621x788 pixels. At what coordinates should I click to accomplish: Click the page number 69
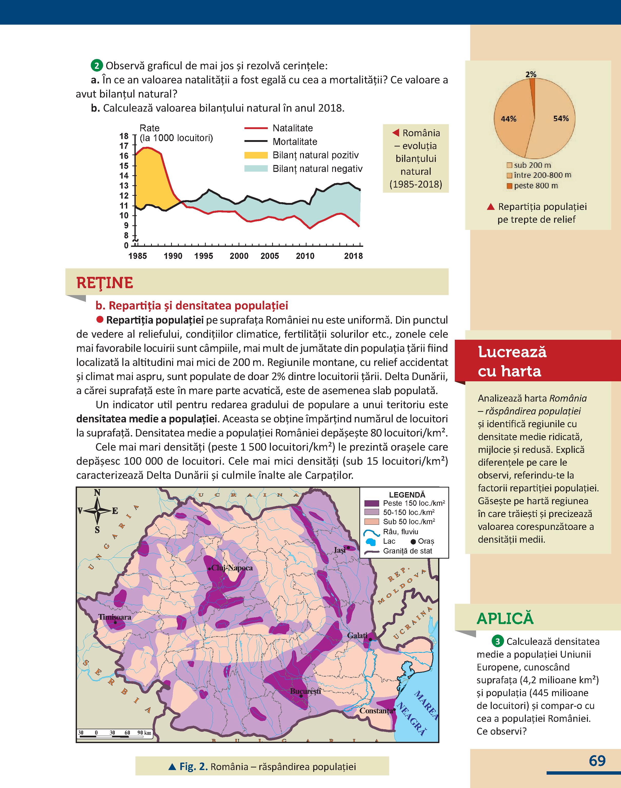click(597, 761)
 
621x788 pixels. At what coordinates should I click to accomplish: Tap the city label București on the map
click(305, 691)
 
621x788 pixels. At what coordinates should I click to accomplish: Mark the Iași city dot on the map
click(348, 547)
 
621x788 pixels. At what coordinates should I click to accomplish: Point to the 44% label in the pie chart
click(508, 119)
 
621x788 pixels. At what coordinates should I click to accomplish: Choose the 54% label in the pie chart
click(561, 119)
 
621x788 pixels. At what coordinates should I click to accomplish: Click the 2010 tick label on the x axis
click(305, 256)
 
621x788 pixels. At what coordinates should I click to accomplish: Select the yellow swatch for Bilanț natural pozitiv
click(255, 155)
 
